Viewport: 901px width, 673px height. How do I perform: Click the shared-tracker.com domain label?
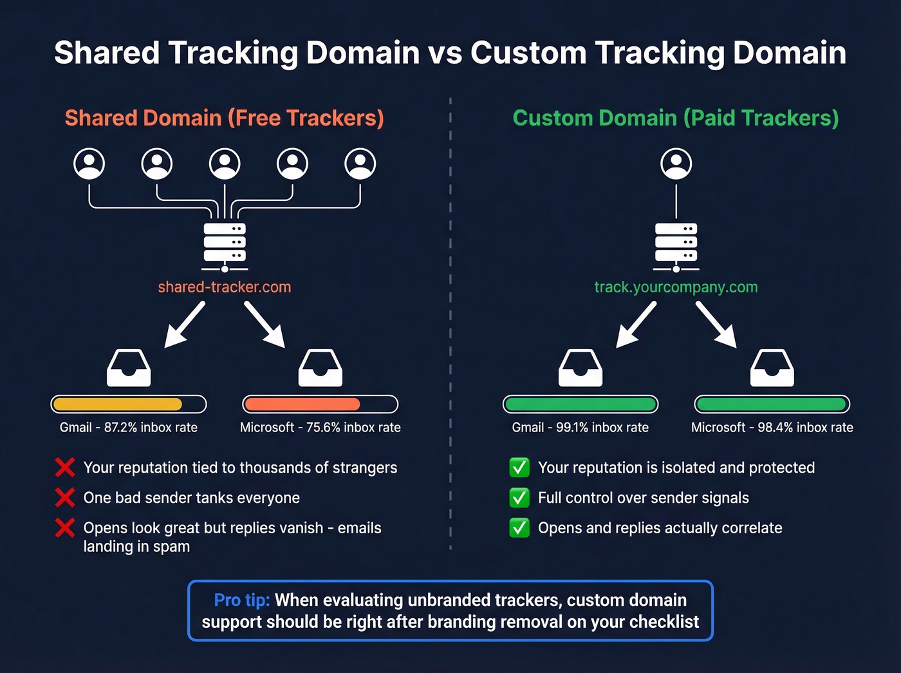coord(225,287)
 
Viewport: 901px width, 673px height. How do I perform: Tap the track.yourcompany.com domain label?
coord(676,287)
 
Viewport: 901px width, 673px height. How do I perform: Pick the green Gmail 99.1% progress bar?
coord(580,404)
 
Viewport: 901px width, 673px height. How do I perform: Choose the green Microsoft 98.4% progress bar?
coord(772,404)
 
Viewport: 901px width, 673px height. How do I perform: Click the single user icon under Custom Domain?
coord(676,164)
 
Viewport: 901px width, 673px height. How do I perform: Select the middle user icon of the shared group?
coord(225,164)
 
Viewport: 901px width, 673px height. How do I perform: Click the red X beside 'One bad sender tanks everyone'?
coord(65,498)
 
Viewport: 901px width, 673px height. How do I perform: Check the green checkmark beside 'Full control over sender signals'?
coord(519,498)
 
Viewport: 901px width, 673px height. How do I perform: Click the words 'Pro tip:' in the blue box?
coord(241,600)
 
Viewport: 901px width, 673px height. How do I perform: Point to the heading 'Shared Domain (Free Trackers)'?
coord(224,118)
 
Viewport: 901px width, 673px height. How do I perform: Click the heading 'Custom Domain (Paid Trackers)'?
coord(676,118)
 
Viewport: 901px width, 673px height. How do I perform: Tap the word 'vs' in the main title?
coord(445,53)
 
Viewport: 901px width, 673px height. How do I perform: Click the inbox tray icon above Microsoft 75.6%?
coord(320,368)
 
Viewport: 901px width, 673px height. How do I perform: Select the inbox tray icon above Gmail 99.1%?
coord(580,368)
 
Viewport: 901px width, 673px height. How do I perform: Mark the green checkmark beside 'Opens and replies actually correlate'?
coord(519,528)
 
